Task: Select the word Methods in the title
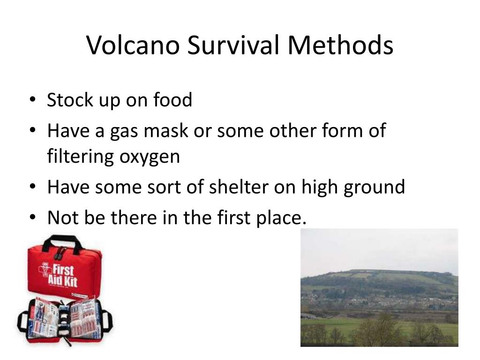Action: [340, 45]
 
